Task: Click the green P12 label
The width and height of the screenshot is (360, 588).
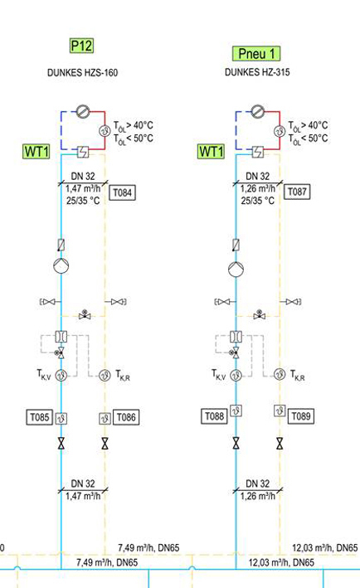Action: (81, 46)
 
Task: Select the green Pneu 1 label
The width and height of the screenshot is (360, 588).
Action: (256, 54)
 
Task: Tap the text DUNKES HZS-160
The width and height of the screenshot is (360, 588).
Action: (82, 72)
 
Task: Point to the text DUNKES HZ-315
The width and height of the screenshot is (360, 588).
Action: (257, 72)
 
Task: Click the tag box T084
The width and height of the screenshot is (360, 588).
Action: (122, 192)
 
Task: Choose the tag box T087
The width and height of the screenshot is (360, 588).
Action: (297, 192)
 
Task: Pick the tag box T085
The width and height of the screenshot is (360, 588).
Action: (39, 417)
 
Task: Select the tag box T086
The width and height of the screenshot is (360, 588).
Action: (126, 417)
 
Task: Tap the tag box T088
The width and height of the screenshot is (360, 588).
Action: (214, 415)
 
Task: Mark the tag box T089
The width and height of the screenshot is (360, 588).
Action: (301, 415)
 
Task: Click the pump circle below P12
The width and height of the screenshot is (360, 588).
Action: (61, 266)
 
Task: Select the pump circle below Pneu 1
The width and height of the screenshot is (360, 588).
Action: (236, 270)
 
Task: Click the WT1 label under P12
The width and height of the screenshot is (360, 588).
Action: (36, 152)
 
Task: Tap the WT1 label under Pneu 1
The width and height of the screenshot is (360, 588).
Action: (212, 152)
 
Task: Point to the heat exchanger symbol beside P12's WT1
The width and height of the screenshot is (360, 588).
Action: (83, 153)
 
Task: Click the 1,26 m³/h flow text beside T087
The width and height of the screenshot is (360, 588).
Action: (258, 188)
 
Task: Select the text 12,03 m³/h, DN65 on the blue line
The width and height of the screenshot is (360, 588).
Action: (281, 562)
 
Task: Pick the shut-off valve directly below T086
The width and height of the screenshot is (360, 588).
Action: (105, 444)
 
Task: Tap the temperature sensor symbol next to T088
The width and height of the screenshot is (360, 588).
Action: (236, 411)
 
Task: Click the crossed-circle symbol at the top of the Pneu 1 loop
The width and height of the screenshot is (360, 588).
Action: (257, 111)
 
